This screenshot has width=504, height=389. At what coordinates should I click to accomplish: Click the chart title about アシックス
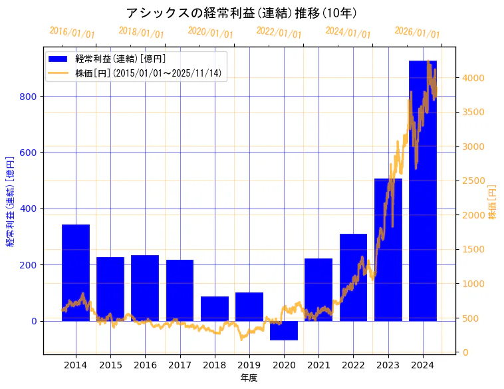(241, 13)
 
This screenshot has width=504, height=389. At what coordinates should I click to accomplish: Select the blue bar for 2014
(76, 273)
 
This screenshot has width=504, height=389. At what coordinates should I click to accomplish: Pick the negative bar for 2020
(284, 330)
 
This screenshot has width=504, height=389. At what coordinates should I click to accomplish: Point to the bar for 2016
(145, 288)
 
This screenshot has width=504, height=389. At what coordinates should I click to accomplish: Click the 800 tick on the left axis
(31, 97)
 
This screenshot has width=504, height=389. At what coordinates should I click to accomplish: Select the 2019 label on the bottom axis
(249, 364)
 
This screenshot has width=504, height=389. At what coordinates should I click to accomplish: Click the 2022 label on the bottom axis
(353, 364)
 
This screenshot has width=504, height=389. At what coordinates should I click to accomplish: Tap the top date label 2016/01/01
(72, 33)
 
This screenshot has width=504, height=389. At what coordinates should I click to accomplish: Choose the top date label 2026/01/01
(417, 33)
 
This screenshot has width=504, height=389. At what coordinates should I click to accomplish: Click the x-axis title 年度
(249, 378)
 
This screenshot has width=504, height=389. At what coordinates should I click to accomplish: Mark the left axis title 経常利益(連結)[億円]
(10, 202)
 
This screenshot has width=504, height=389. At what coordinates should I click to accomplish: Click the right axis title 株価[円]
(493, 202)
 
